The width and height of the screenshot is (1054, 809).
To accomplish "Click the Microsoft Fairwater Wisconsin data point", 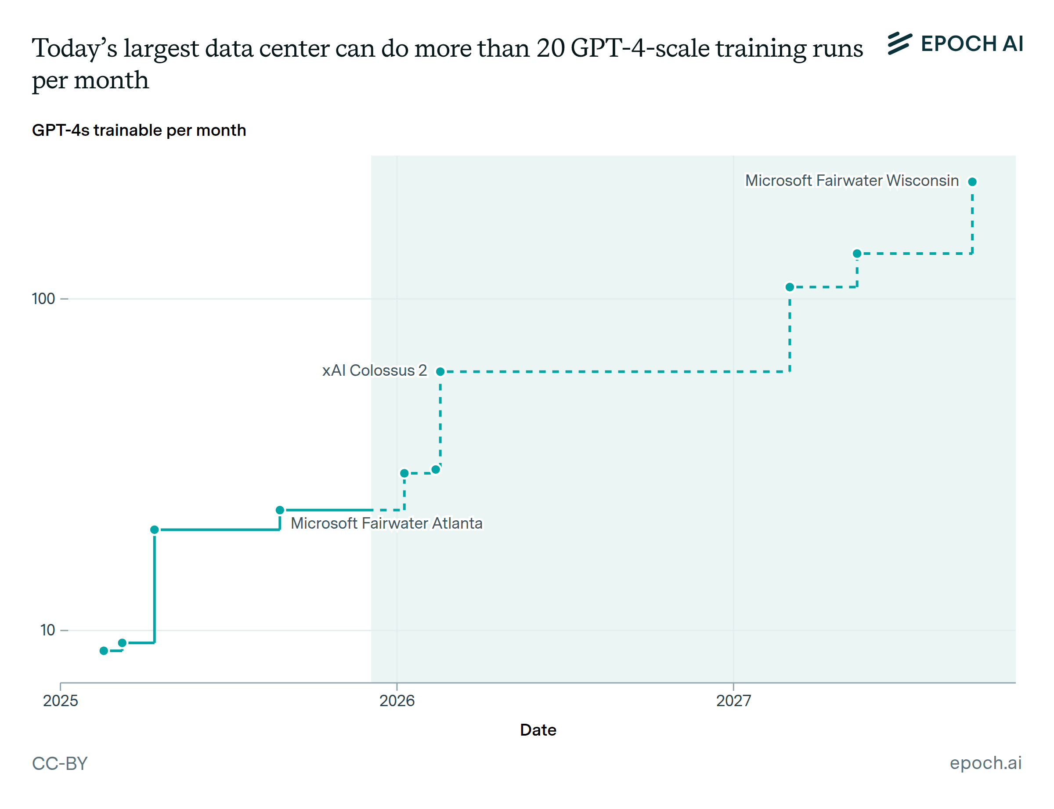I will point(972,181).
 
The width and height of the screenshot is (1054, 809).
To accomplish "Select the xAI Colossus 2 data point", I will point(440,371).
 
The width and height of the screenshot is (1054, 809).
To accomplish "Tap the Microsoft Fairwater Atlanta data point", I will point(280,509).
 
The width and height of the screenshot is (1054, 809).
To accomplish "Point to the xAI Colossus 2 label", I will point(375,370).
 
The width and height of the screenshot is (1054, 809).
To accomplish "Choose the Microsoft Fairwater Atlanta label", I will point(386,523).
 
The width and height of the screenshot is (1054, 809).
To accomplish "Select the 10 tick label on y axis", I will point(47,630).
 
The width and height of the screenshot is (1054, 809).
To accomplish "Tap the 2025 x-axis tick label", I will point(60,700).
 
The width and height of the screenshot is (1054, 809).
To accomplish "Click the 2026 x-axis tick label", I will point(397,700).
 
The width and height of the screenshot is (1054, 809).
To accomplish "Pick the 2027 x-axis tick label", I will point(733,700).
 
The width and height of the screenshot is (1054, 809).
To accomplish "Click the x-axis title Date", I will point(538,730).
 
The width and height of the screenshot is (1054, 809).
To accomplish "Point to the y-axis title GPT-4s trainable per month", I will point(139,130).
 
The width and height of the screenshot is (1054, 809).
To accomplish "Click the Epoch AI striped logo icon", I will point(899,44).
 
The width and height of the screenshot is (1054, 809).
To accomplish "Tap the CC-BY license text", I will point(60,763).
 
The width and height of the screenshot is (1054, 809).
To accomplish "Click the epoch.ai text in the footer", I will point(985,763).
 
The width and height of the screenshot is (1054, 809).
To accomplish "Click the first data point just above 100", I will point(789,287).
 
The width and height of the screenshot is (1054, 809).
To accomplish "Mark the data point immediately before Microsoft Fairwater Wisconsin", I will point(857,253).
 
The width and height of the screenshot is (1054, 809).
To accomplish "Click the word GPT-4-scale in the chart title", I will point(639,48).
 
